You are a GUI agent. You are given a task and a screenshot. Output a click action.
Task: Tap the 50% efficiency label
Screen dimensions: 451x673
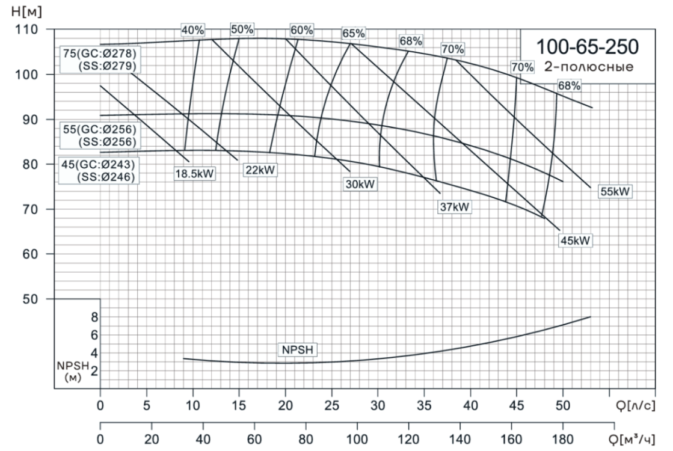click(x=242, y=29)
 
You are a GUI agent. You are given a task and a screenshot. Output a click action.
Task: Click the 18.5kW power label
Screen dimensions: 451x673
click(x=194, y=174)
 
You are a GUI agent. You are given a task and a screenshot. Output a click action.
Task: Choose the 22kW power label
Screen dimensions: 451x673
click(x=260, y=170)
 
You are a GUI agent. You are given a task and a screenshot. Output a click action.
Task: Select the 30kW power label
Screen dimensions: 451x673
click(x=360, y=184)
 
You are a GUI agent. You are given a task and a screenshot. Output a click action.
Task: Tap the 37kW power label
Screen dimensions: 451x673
click(x=454, y=207)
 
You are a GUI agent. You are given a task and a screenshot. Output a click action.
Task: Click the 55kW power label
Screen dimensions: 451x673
click(x=615, y=192)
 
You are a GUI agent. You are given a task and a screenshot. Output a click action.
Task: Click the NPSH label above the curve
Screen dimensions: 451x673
click(x=297, y=349)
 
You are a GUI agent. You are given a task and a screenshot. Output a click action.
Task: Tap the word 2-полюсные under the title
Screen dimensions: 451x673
click(x=588, y=66)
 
